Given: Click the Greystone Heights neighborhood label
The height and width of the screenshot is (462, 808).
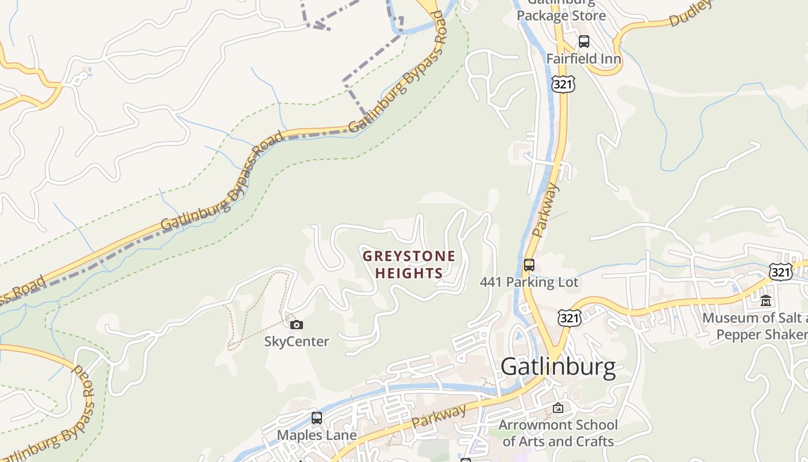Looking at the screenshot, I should click(409, 264).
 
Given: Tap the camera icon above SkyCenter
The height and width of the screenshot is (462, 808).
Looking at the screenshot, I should click(297, 325).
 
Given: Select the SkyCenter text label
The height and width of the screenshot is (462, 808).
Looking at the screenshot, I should click(297, 341).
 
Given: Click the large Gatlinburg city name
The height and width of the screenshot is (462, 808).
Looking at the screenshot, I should click(558, 367).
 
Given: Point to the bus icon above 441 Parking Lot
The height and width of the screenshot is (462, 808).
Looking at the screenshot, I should click(529, 265).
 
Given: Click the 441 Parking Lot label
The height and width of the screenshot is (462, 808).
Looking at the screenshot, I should click(529, 282).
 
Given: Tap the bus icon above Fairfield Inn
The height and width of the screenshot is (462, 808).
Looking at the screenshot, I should click(584, 42).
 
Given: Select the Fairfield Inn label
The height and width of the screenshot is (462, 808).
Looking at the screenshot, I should click(583, 59).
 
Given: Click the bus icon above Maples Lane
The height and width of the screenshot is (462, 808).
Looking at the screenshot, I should click(316, 418).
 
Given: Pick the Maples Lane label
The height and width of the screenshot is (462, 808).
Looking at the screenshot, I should click(317, 435).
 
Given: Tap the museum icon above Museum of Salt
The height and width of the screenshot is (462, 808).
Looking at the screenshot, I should click(766, 301).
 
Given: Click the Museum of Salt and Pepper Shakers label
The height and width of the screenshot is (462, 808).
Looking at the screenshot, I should click(756, 326).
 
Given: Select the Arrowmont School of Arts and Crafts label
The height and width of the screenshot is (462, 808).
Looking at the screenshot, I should click(558, 433).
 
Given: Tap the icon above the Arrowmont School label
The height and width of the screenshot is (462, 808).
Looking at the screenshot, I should click(558, 408).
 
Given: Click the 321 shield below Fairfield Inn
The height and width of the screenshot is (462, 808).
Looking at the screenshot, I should click(563, 84).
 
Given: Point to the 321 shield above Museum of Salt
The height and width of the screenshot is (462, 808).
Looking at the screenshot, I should click(780, 272).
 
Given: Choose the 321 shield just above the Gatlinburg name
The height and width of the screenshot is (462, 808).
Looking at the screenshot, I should click(569, 318).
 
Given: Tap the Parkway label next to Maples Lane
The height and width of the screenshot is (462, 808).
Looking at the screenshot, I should click(440, 416).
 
